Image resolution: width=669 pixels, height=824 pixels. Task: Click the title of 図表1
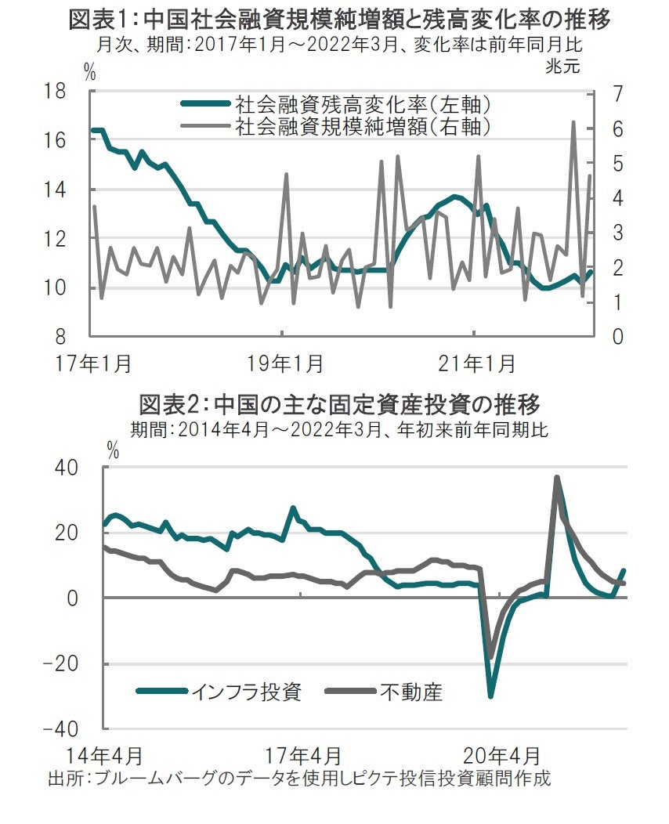coord(339,19)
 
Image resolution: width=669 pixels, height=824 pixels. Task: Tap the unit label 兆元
coord(563,67)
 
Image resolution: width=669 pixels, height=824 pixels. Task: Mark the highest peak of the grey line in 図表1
coord(573,122)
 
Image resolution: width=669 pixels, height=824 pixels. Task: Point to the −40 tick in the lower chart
coord(74,729)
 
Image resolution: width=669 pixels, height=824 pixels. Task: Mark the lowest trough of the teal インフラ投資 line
coord(490,696)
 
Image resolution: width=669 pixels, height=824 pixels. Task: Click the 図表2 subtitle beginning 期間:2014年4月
coord(339,430)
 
